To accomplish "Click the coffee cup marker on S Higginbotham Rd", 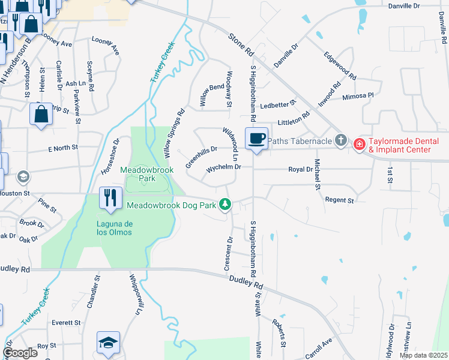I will (256, 139).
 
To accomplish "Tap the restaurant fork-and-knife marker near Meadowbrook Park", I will (109, 197).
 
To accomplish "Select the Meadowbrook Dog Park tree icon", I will (225, 205).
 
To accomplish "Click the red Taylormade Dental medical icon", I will (359, 144).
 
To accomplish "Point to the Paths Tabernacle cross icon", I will (340, 141).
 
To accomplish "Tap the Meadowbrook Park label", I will (146, 174).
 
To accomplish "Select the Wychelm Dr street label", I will (223, 169).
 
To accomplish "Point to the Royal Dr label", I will (301, 170).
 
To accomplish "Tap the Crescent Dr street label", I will (229, 254).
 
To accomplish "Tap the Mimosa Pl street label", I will (358, 96).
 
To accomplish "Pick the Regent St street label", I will (337, 199).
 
